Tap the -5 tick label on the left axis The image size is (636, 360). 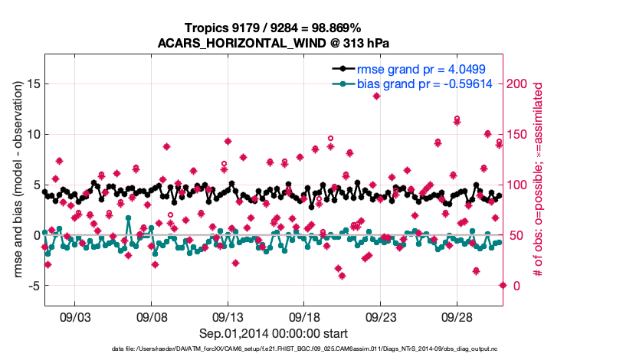pyautogui.click(x=31, y=286)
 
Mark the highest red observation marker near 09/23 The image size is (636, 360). pyautogui.click(x=376, y=96)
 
